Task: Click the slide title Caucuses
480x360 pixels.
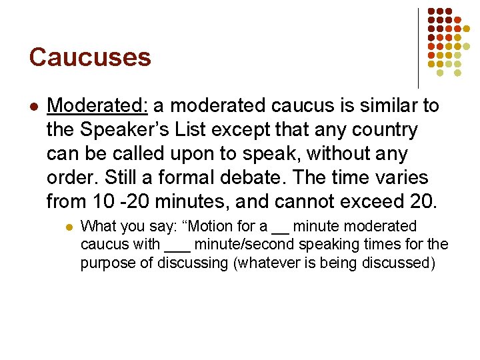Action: (x=90, y=57)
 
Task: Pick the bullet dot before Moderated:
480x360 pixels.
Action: (x=33, y=107)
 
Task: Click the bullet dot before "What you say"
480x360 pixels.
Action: (x=70, y=227)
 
